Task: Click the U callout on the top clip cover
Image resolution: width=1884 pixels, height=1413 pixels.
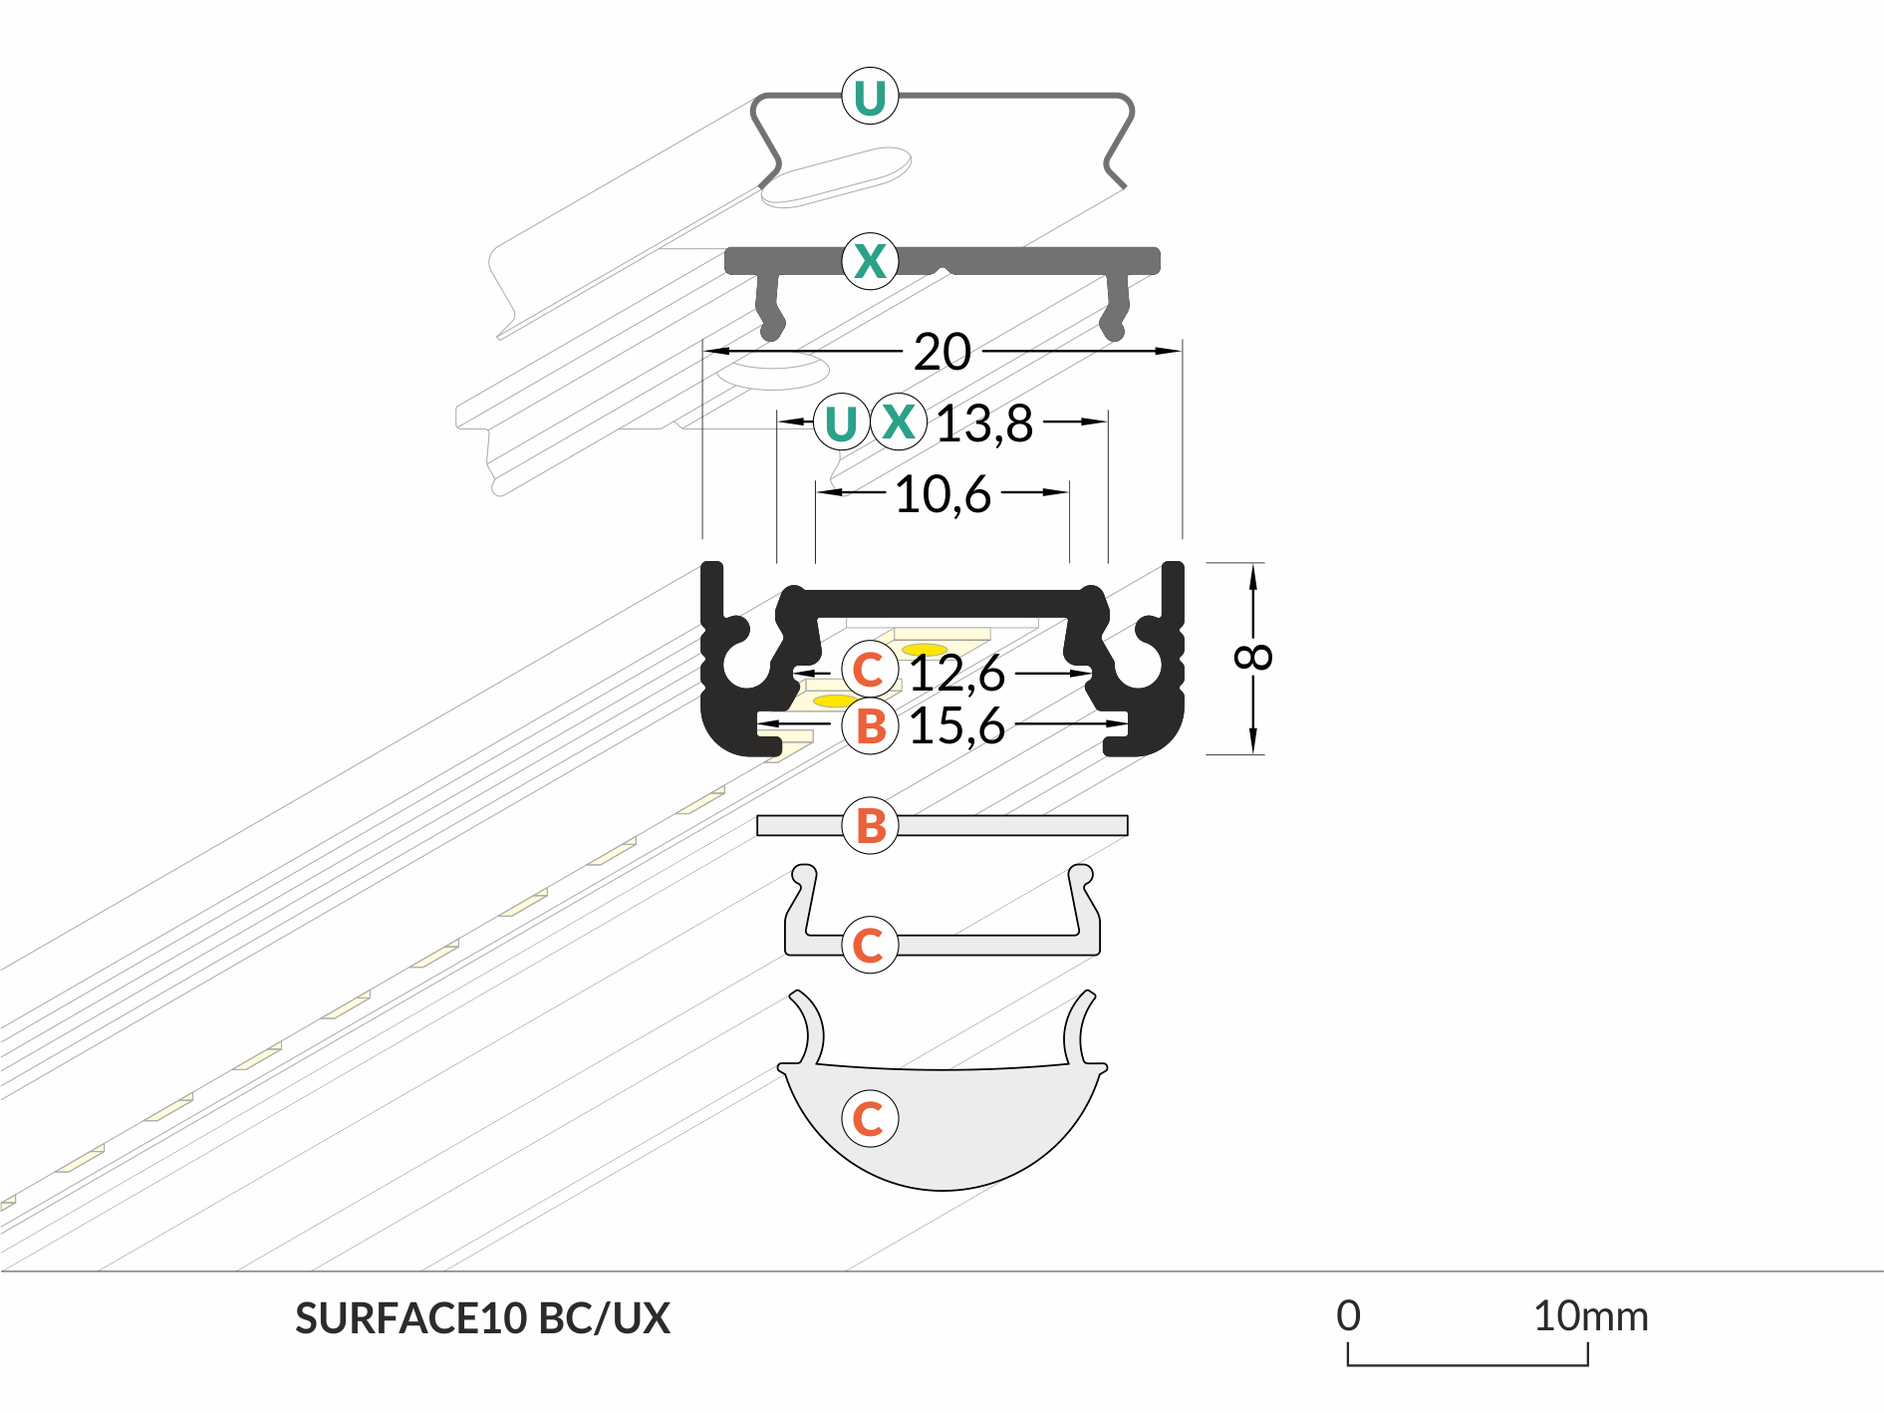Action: (870, 97)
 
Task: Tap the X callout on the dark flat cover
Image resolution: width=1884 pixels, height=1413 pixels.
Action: (870, 261)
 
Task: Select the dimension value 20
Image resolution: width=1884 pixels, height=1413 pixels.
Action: (942, 352)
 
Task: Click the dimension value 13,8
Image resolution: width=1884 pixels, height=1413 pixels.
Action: (984, 424)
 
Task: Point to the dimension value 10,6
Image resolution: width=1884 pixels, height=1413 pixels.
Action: (942, 494)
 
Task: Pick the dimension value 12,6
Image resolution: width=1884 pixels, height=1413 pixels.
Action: (957, 674)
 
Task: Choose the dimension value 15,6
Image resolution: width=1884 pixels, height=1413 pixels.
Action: (956, 725)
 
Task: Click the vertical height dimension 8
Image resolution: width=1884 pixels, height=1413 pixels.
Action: (1252, 657)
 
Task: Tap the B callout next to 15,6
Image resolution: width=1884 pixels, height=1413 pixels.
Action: (870, 726)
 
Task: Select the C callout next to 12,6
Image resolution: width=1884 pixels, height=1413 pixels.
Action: (869, 670)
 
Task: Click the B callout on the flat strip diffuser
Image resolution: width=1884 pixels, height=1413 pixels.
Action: (870, 825)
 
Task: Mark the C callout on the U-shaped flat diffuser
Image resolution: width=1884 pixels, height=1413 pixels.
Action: (869, 945)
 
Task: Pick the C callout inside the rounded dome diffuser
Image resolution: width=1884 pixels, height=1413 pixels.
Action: (869, 1118)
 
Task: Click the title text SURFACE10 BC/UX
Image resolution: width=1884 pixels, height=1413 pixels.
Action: (482, 1318)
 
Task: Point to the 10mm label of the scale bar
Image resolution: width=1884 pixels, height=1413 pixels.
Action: (1590, 1316)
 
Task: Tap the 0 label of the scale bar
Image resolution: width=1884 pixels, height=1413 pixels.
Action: (1348, 1316)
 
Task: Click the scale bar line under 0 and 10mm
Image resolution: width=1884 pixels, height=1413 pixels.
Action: (1468, 1364)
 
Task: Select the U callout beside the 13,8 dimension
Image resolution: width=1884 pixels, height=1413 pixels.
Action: (841, 423)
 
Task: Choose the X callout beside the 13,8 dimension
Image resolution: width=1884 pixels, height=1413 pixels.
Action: (899, 422)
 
